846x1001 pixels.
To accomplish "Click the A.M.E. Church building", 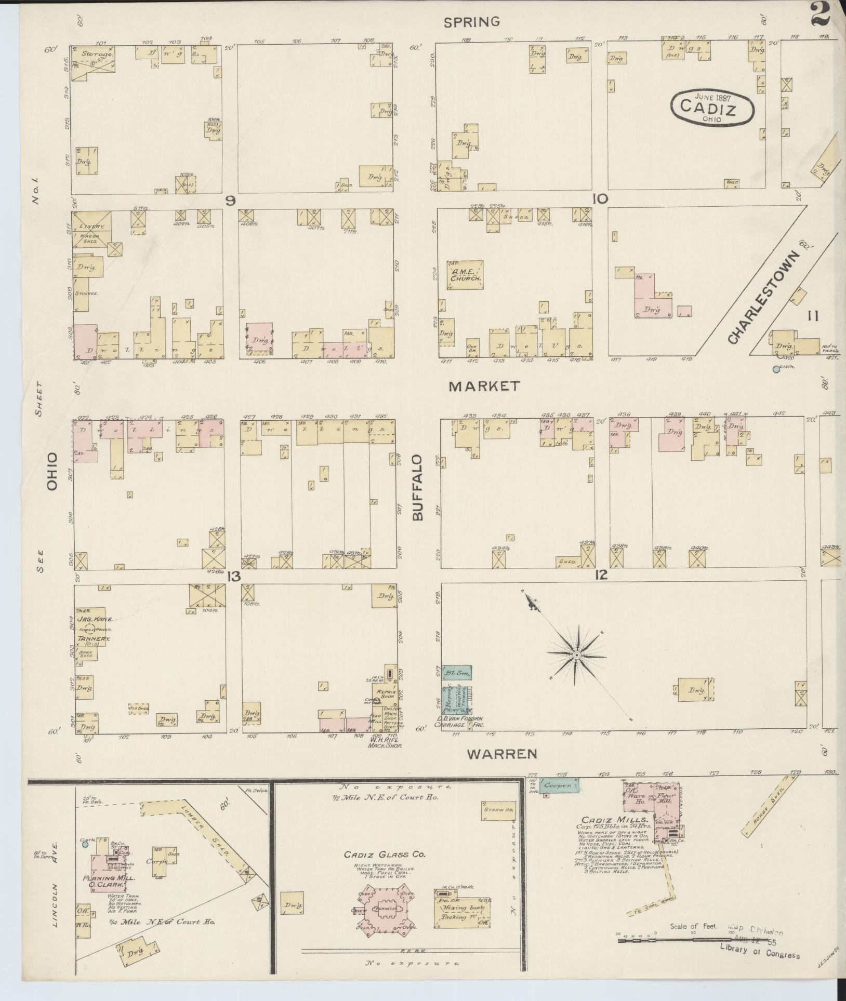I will tap(466, 275).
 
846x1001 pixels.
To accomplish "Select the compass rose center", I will tap(576, 656).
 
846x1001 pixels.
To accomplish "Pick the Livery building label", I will tap(92, 227).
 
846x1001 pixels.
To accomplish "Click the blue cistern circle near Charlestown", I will tap(776, 369).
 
